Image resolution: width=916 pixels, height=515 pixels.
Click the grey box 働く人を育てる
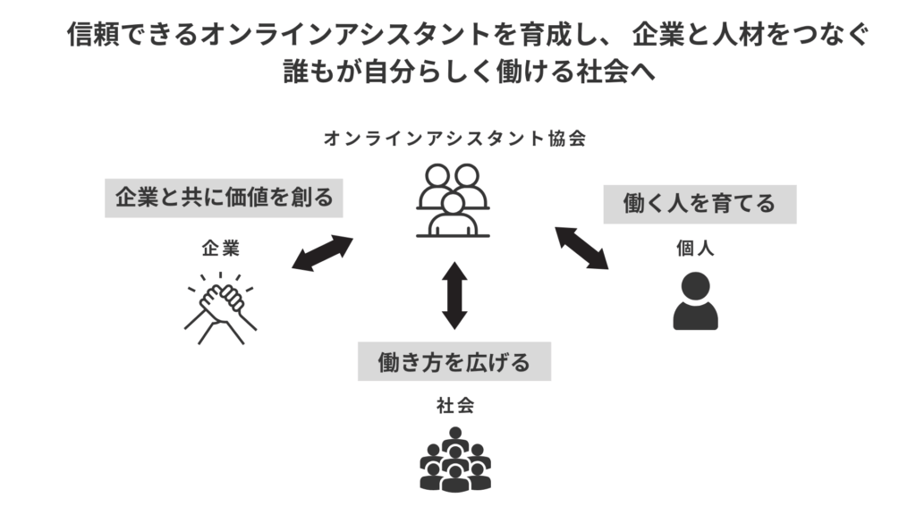tap(700, 203)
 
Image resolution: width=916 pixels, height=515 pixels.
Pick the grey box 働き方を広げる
tap(454, 362)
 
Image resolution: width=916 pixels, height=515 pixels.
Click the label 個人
tap(695, 249)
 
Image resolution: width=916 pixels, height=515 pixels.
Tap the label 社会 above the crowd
tap(454, 405)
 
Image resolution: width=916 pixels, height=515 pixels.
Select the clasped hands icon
tap(220, 308)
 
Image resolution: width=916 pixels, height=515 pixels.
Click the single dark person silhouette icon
tap(695, 301)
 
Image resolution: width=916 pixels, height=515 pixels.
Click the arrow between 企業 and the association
tap(323, 252)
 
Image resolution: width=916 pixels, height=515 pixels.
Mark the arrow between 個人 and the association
tap(581, 248)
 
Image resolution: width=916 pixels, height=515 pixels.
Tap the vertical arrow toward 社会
tap(454, 294)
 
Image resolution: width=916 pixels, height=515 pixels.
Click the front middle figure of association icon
tap(454, 215)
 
